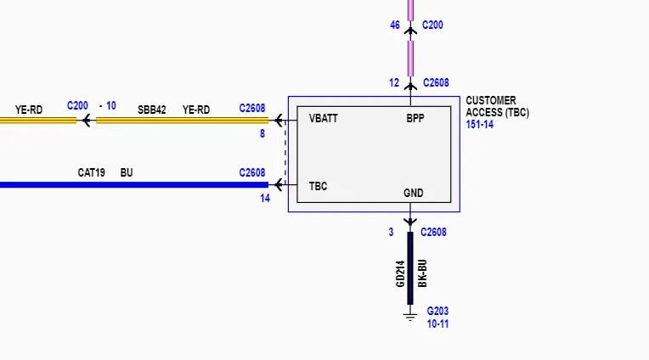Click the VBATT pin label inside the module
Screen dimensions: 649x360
324,118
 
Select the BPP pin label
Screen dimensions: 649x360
415,118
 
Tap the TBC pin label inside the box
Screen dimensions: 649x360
318,186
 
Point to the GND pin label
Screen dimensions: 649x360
414,193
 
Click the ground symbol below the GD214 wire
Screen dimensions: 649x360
410,317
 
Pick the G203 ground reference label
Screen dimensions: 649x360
437,311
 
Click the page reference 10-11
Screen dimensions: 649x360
437,324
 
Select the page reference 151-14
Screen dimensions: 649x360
479,125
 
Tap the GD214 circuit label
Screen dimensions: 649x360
400,274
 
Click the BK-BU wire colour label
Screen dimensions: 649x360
422,273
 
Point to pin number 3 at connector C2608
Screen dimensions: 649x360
391,233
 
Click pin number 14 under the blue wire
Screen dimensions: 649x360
265,199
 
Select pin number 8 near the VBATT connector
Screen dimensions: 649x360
262,133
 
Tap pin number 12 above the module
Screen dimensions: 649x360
394,83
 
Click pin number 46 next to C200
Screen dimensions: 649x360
395,25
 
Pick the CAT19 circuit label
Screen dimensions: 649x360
91,172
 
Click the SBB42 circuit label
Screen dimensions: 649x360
151,110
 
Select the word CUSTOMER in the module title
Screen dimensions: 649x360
491,100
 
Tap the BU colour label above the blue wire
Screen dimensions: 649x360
127,172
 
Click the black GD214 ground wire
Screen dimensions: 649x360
410,268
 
